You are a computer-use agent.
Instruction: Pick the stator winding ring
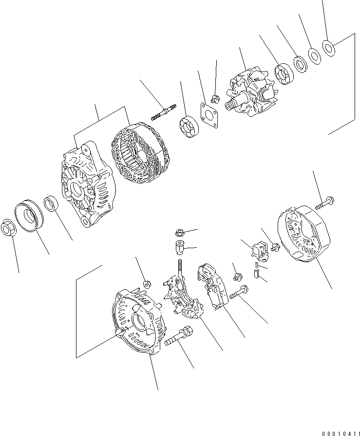point(140,153)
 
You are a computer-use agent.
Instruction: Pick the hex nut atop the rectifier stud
point(178,232)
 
